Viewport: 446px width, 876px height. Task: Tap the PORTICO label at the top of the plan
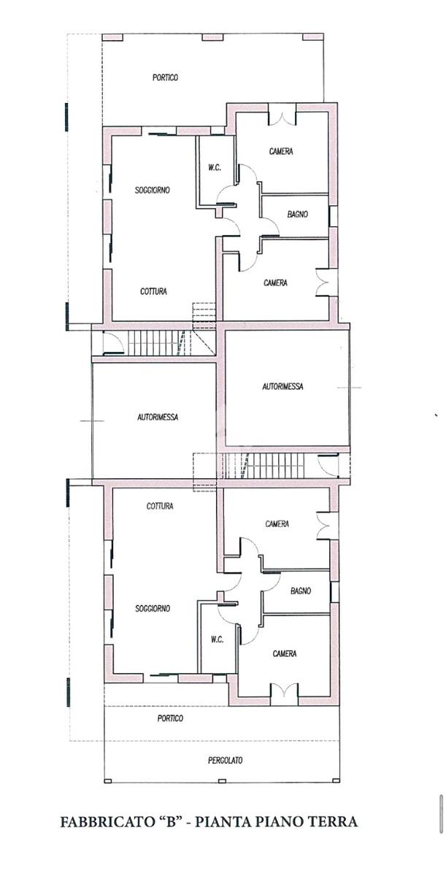pos(165,77)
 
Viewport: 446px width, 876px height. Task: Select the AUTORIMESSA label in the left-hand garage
pos(158,417)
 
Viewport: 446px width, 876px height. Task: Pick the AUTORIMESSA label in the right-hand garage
pos(282,386)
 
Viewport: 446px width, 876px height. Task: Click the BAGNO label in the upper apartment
pos(298,214)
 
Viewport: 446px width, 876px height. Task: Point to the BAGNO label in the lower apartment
pos(301,591)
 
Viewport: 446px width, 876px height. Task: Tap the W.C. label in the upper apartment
pos(215,168)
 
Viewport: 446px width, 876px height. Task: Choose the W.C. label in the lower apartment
pos(217,639)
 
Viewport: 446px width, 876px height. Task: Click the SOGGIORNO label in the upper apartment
pos(152,190)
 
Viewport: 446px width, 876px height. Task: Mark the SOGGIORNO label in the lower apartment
pos(153,609)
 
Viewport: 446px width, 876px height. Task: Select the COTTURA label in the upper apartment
pos(153,291)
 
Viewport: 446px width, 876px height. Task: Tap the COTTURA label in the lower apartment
pos(159,506)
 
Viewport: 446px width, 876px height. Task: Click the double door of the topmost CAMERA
pos(282,118)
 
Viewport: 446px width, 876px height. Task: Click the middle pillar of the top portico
pos(212,37)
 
